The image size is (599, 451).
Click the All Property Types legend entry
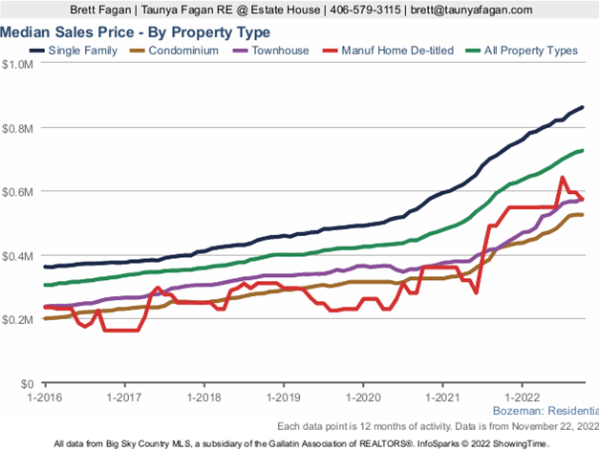click(523, 50)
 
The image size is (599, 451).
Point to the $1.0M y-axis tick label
click(17, 65)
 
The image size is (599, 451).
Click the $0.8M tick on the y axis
click(17, 128)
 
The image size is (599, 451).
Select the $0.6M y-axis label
click(17, 192)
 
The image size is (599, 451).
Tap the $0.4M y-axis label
click(17, 256)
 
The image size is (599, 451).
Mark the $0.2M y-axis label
click(17, 319)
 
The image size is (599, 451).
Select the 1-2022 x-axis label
click(522, 395)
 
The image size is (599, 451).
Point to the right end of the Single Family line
click(582, 107)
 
